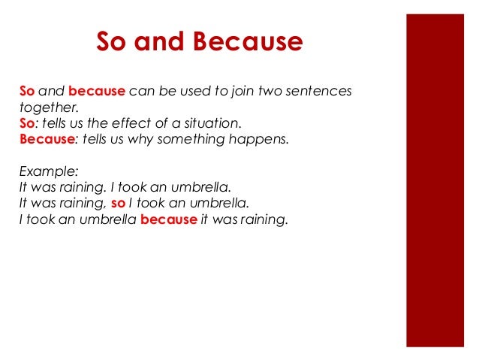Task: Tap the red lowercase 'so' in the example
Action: [x=116, y=203]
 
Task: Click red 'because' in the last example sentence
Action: [x=168, y=219]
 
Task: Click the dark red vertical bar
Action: [x=435, y=180]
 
